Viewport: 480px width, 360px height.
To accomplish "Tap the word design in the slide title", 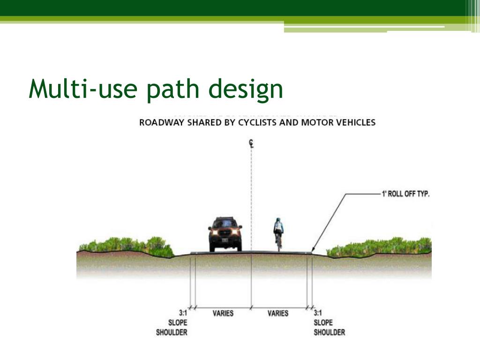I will coord(247,90).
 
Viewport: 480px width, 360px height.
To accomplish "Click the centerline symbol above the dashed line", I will coord(251,144).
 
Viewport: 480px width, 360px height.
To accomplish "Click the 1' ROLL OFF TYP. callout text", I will coord(405,194).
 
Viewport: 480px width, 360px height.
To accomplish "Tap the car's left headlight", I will coord(215,232).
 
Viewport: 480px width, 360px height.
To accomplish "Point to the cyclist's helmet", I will coord(278,220).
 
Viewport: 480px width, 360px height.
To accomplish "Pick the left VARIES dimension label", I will coord(223,313).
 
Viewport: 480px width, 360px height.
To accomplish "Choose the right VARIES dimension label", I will coord(278,313).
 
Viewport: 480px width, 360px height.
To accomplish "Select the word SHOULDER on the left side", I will coord(172,332).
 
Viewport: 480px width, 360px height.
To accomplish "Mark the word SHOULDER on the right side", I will coord(329,332).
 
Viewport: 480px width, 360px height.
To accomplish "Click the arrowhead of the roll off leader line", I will coord(313,251).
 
